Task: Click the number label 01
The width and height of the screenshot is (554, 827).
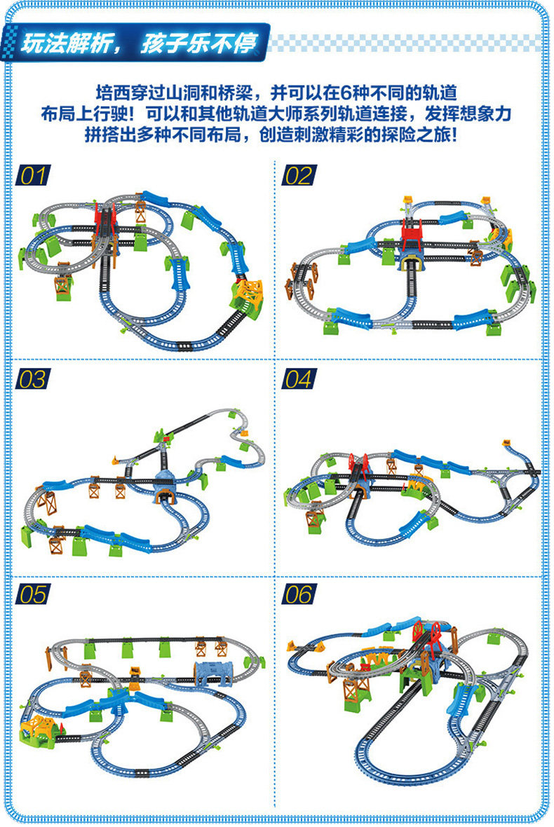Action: (x=32, y=175)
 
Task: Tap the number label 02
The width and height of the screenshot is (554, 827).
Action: (x=298, y=175)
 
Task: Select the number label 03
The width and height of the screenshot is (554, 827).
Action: (x=32, y=379)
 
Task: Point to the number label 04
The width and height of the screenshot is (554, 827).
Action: (x=298, y=379)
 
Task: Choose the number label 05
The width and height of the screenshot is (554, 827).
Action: (x=32, y=594)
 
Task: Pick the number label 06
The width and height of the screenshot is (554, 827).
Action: (x=298, y=594)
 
